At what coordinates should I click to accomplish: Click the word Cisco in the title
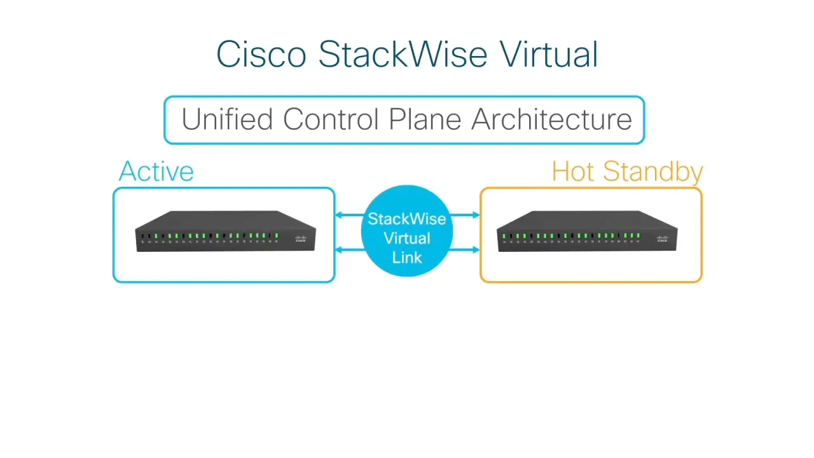pyautogui.click(x=261, y=54)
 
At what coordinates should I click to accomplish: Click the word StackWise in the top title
pyautogui.click(x=403, y=54)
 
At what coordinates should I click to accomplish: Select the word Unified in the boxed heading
pyautogui.click(x=227, y=120)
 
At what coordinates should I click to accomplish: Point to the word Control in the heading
pyautogui.click(x=331, y=120)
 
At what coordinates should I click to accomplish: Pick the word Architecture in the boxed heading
pyautogui.click(x=551, y=120)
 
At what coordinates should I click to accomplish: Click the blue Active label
pyautogui.click(x=156, y=172)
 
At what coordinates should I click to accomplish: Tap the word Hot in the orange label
pyautogui.click(x=573, y=172)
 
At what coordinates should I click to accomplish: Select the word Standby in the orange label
pyautogui.click(x=652, y=172)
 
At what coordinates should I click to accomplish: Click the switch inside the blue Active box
pyautogui.click(x=225, y=232)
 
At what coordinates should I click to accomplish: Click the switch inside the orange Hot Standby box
pyautogui.click(x=586, y=232)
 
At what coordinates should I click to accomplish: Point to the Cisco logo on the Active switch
pyautogui.click(x=300, y=239)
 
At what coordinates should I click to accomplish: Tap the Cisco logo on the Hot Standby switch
pyautogui.click(x=661, y=239)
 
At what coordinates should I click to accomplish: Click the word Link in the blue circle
pyautogui.click(x=407, y=257)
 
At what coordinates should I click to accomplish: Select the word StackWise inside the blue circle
pyautogui.click(x=407, y=219)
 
